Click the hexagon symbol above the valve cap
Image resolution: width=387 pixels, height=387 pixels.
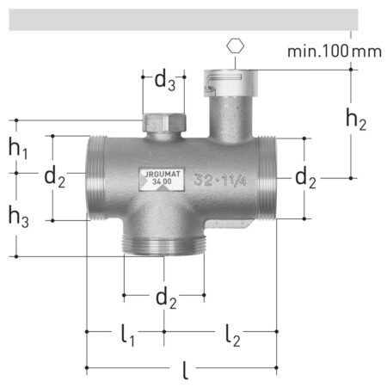tap(235, 46)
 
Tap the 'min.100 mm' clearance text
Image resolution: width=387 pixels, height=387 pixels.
tap(335, 52)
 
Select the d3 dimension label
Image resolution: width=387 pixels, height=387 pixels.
tap(164, 81)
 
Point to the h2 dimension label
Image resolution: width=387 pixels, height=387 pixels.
tap(356, 120)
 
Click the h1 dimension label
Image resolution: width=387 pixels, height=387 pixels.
tap(18, 148)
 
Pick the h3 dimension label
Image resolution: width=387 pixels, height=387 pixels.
tap(19, 217)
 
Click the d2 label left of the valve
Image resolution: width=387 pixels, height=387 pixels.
tap(54, 178)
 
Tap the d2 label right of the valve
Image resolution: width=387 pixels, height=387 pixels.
tap(305, 178)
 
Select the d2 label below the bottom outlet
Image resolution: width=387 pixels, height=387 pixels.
tap(166, 298)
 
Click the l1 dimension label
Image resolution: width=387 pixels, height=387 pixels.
tap(127, 335)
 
